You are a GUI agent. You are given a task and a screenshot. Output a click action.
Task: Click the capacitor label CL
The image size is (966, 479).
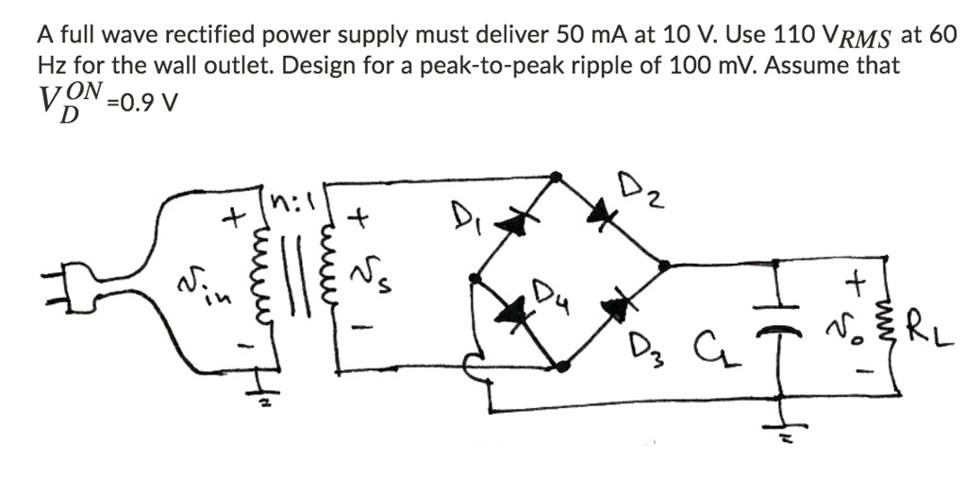pyautogui.click(x=704, y=361)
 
